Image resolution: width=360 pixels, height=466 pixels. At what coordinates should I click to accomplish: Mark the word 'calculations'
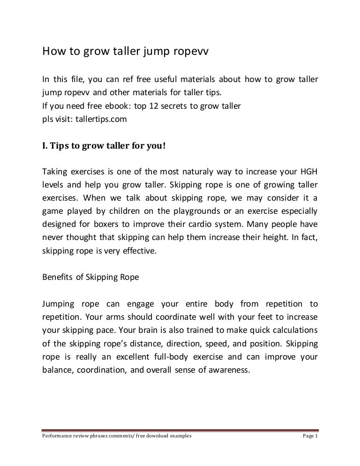292,330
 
